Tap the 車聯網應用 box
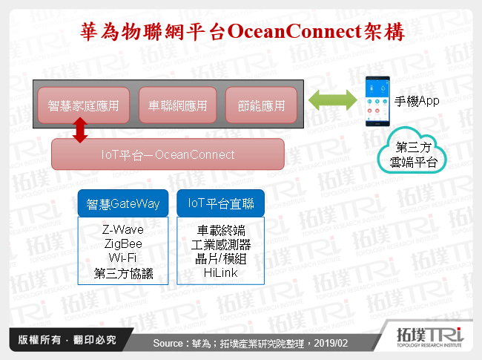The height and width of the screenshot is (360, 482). click(x=178, y=105)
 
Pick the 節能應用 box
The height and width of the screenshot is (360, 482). click(x=261, y=105)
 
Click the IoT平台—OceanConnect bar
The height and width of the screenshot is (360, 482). click(x=168, y=154)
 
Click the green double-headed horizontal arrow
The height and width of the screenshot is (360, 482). click(x=331, y=102)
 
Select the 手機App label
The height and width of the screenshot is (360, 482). click(x=417, y=101)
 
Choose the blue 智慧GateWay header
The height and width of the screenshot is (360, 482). click(x=123, y=203)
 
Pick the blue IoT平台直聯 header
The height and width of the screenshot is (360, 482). click(x=220, y=203)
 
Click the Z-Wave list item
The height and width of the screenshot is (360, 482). click(x=123, y=230)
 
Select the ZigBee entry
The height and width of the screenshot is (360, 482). click(x=123, y=243)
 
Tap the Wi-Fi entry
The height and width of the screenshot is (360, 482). click(x=123, y=258)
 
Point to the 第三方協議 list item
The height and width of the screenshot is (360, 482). click(x=123, y=272)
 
